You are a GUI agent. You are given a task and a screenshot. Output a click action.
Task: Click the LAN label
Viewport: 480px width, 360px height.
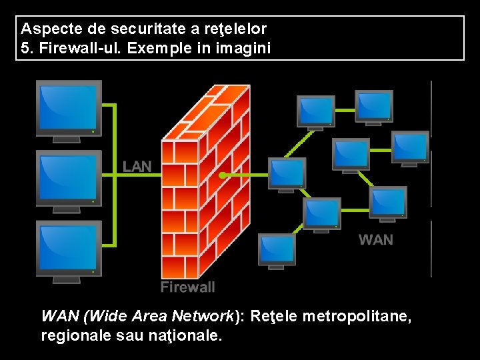point(137,166)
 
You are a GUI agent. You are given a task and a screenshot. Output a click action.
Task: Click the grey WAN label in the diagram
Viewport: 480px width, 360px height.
point(376,239)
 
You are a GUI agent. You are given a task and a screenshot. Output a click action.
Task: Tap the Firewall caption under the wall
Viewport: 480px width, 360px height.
point(188,287)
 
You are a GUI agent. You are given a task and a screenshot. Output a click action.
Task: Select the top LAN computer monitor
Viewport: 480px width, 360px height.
point(69,106)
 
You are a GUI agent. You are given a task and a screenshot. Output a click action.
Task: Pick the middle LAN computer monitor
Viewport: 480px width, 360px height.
point(69,177)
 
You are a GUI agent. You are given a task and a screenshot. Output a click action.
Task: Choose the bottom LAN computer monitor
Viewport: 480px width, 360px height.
point(69,247)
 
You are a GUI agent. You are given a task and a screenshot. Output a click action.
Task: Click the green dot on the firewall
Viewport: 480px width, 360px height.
point(221,175)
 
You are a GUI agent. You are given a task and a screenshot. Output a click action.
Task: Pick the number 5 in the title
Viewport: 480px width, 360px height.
point(26,48)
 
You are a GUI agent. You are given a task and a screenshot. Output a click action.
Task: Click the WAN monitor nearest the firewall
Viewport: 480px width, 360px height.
point(287,173)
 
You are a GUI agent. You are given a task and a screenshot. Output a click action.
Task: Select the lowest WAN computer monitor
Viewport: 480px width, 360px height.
point(277,249)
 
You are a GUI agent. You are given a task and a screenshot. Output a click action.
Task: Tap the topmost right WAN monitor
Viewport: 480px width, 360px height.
point(374,105)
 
